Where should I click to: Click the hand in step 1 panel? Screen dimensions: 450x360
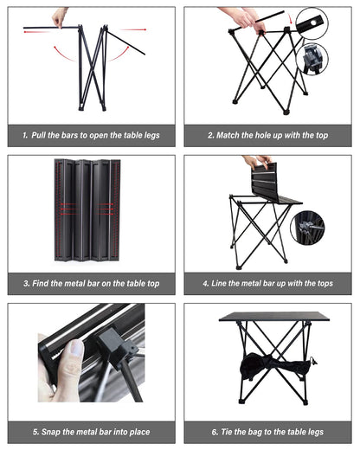point(59,16)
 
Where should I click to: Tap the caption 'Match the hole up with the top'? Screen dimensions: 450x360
point(272,136)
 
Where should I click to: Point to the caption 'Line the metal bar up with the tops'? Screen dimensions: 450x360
point(272,283)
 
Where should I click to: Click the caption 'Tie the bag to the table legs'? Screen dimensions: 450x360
point(272,430)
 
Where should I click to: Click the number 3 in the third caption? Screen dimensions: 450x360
point(28,283)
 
